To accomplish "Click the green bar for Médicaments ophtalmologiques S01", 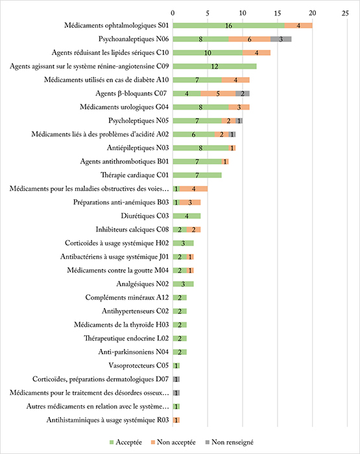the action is (228, 25).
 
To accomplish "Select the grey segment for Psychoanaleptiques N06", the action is (281, 39).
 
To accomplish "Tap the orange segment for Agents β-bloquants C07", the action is (218, 93).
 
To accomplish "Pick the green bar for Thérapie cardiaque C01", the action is (197, 175).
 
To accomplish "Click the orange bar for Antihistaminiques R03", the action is (176, 420).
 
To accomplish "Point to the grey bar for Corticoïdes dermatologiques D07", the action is (176, 379).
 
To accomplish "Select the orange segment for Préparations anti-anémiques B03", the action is (190, 202).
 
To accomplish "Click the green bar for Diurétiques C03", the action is (187, 216).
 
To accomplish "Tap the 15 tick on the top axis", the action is (278, 13).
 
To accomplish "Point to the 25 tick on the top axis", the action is (345, 13).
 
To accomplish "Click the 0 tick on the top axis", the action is (173, 13).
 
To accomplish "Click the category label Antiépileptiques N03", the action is (138, 148).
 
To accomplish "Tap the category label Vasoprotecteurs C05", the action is (139, 365).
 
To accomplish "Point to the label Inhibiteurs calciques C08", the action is (132, 230).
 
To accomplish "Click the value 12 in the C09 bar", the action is (215, 67).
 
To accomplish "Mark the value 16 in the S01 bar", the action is (228, 26).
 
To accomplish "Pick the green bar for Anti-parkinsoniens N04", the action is (180, 352).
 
